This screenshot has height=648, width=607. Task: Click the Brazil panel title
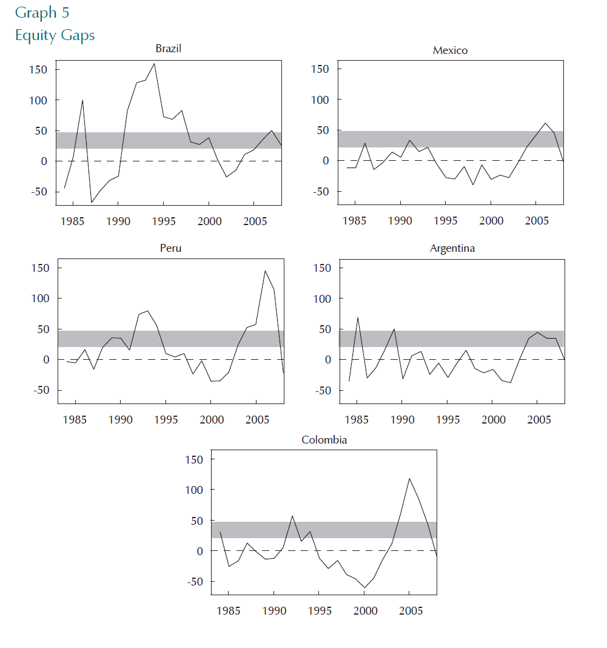(168, 49)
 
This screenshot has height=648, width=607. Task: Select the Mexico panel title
(450, 50)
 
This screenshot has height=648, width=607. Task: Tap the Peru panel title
(170, 248)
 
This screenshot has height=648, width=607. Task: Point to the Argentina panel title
(452, 248)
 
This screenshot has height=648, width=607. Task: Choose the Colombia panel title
(324, 440)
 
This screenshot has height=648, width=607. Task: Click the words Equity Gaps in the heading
(55, 35)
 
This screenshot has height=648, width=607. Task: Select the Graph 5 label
(42, 13)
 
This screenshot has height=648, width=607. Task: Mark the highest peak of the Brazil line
(154, 64)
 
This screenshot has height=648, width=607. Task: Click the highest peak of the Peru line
(265, 271)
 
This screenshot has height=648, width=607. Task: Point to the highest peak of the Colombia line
(409, 478)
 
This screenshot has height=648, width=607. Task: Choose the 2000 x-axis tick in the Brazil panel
(209, 221)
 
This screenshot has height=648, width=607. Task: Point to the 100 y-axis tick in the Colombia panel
(193, 490)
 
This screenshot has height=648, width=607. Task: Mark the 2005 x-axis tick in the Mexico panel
(537, 221)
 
